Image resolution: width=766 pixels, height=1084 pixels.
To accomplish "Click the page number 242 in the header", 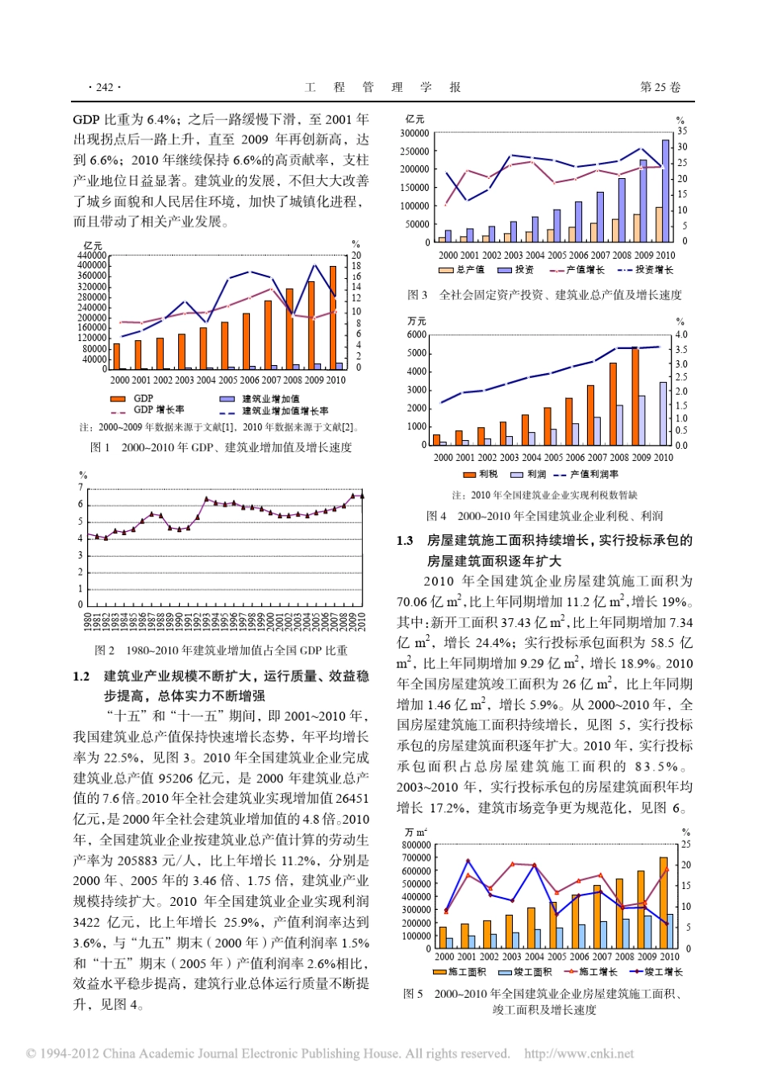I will (x=104, y=87).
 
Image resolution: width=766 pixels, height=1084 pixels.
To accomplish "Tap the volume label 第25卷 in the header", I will (x=660, y=87).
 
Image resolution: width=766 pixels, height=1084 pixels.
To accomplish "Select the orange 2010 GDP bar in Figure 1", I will (x=333, y=318).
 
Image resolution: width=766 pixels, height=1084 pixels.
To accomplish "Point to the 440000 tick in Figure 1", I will (x=91, y=255).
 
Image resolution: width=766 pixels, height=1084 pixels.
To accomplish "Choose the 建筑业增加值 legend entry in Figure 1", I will (x=270, y=399).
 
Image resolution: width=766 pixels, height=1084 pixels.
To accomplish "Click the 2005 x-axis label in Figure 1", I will (x=228, y=380).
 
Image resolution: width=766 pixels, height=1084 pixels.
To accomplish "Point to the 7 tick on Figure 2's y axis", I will (x=81, y=488).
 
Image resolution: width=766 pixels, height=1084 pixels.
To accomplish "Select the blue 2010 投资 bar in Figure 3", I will (x=666, y=191).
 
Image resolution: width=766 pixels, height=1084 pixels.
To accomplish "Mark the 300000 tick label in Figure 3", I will (x=414, y=133).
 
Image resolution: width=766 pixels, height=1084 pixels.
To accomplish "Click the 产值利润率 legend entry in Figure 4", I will (x=593, y=475).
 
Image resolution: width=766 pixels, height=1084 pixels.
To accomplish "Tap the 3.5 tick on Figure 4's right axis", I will (x=681, y=350).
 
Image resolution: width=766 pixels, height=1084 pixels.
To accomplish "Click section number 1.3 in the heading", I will (x=405, y=541).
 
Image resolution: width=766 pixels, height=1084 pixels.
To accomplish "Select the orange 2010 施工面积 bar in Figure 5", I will (x=664, y=903).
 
